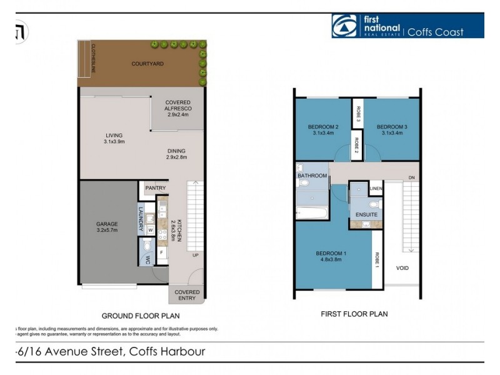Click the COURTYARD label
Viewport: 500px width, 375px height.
pyautogui.click(x=147, y=64)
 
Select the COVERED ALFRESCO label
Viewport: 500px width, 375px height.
pyautogui.click(x=177, y=106)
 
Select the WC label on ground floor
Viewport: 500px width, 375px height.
pyautogui.click(x=148, y=260)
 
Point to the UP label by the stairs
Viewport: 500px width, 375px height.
pyautogui.click(x=196, y=256)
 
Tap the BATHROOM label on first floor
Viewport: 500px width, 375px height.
pyautogui.click(x=312, y=176)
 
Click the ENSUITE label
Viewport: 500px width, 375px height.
pyautogui.click(x=366, y=215)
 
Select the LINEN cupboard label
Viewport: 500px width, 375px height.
pyautogui.click(x=376, y=189)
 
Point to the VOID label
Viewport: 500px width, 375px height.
pyautogui.click(x=403, y=267)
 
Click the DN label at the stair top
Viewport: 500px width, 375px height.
pyautogui.click(x=411, y=177)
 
